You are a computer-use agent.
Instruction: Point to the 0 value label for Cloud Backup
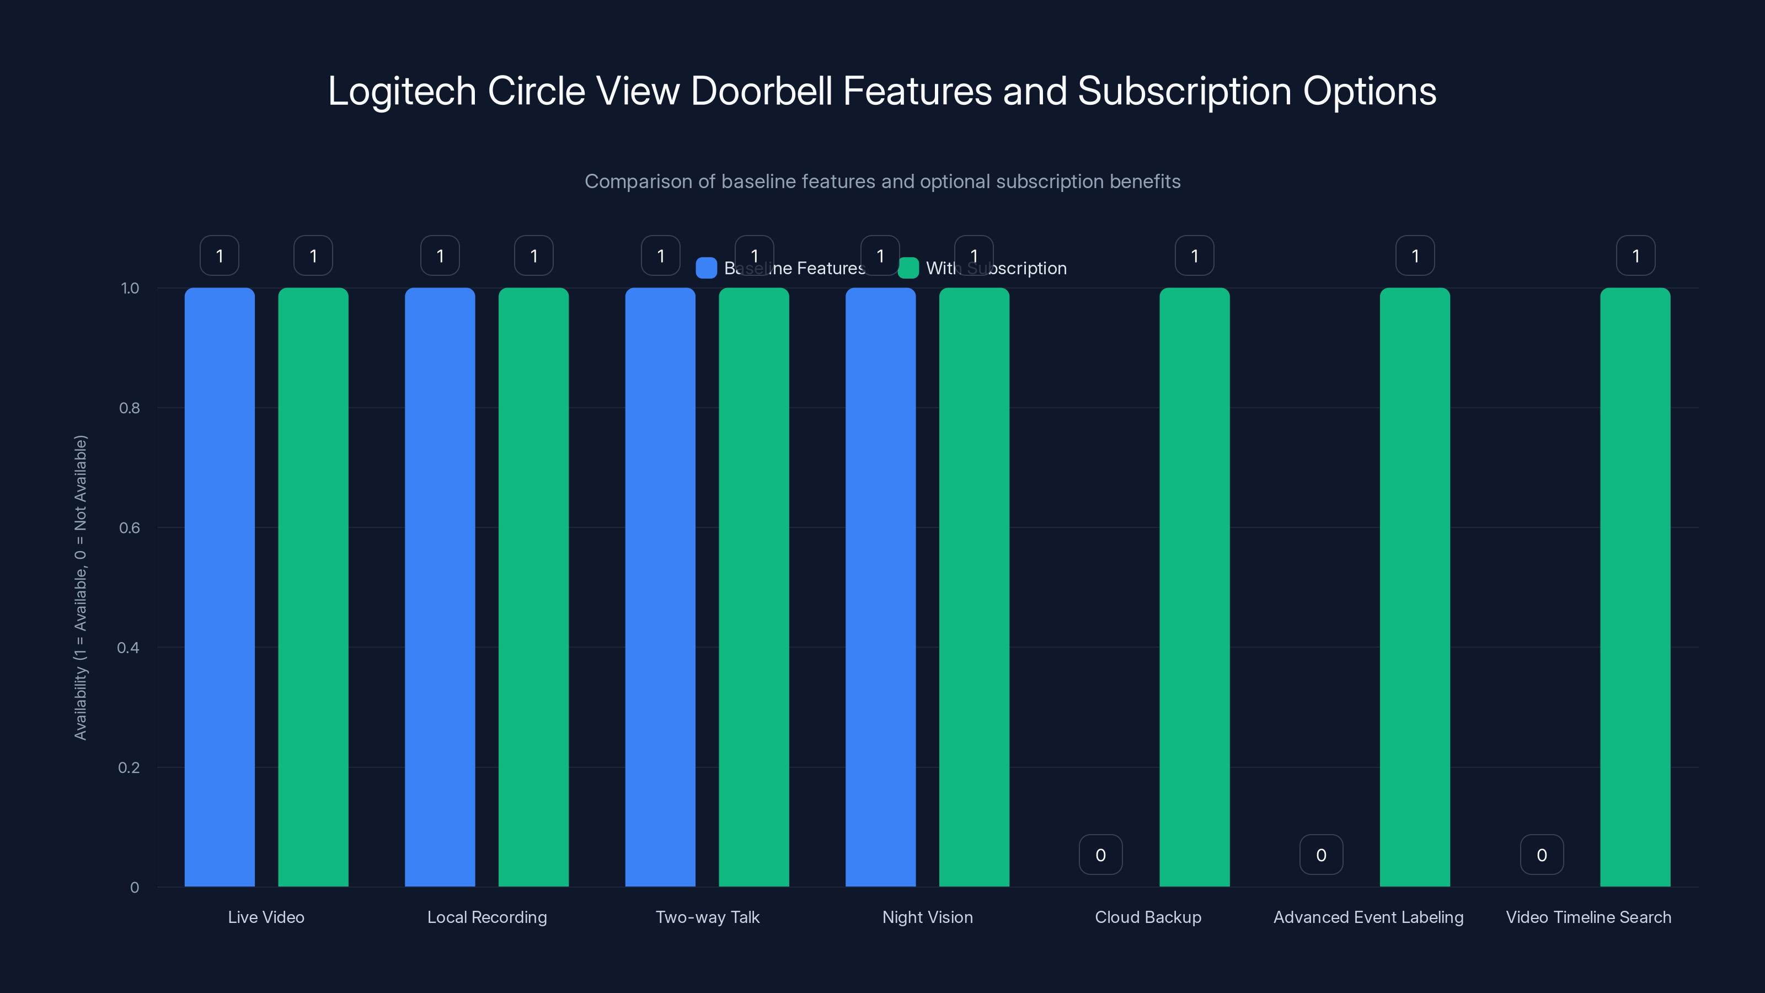[1100, 855]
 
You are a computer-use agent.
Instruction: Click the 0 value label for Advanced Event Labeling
[1321, 855]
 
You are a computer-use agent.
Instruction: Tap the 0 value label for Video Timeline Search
[1542, 855]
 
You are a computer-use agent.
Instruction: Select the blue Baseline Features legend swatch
[706, 268]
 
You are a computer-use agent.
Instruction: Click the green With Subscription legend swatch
[908, 268]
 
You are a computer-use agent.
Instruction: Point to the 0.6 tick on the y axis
[130, 528]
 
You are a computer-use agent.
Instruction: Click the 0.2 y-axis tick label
[129, 767]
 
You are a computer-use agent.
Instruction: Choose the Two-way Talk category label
[707, 917]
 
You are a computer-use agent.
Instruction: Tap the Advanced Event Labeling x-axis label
[1368, 917]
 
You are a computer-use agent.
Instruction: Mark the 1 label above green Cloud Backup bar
[1194, 255]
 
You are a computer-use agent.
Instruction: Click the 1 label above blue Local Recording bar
[440, 255]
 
